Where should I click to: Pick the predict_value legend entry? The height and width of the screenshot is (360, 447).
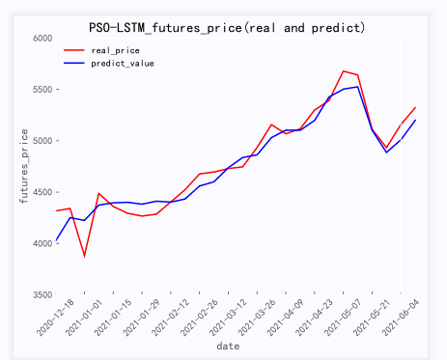(x=122, y=63)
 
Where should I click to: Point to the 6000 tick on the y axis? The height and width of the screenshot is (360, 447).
(x=41, y=38)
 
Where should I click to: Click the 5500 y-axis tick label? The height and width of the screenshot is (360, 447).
(x=41, y=90)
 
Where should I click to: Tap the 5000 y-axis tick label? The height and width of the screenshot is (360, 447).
(x=41, y=141)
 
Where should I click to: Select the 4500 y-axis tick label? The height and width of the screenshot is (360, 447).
(x=41, y=192)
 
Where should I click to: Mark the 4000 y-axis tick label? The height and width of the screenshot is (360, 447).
(x=41, y=243)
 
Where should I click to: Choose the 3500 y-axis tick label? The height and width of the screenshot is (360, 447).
(x=41, y=294)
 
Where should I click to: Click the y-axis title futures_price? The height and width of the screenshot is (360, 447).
(x=11, y=166)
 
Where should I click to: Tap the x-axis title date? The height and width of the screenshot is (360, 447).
(x=228, y=346)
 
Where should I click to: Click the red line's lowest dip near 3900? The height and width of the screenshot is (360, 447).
(x=84, y=256)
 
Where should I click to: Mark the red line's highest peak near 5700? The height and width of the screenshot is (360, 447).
(x=343, y=70)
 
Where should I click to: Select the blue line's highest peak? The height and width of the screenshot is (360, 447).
(x=358, y=87)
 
